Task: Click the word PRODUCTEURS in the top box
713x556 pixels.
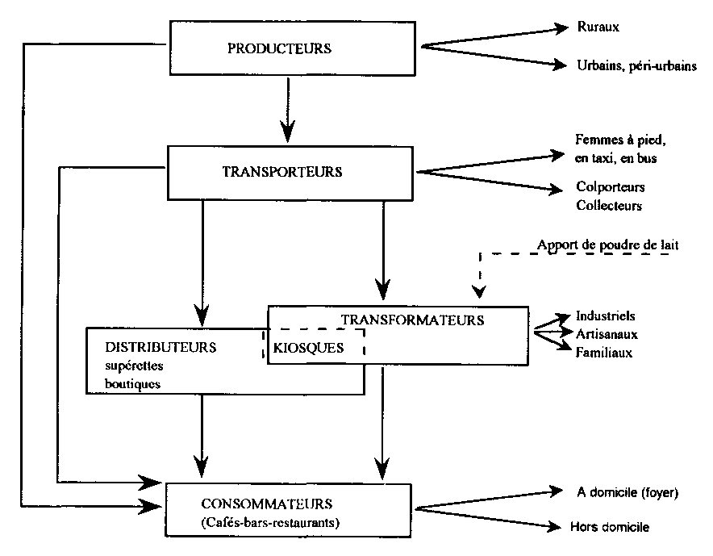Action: coord(279,48)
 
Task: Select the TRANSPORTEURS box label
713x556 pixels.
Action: coord(282,172)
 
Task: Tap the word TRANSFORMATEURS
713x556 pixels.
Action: coord(412,320)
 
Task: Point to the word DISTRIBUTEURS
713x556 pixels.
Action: coord(161,347)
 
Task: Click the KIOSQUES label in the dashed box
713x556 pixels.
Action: coord(309,348)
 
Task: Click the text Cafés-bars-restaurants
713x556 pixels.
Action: coord(269,523)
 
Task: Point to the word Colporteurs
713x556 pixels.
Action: coord(611,187)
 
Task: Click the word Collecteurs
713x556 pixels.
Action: coord(609,206)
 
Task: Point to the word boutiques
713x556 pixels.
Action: coord(133,384)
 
